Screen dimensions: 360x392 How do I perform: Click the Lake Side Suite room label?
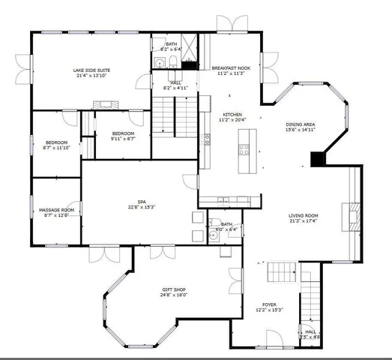(88, 70)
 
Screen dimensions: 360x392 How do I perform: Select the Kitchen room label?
(232, 114)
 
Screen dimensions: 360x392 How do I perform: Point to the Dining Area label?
(300, 124)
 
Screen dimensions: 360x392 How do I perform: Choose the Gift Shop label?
(174, 289)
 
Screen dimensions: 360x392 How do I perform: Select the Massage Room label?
(56, 209)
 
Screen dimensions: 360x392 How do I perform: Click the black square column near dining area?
(318, 159)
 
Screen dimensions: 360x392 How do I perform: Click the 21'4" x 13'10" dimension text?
(88, 76)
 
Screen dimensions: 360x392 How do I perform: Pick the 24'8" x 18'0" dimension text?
(174, 295)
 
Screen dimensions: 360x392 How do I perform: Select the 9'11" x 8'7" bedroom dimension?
(122, 139)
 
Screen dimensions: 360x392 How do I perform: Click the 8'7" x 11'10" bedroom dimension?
(57, 148)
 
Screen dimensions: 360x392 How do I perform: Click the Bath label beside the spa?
(226, 223)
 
